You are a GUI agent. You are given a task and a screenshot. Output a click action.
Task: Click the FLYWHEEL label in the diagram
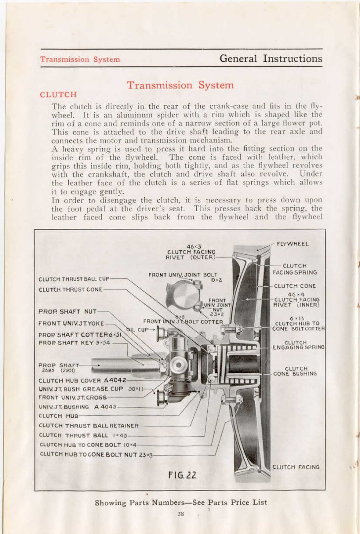point(292,244)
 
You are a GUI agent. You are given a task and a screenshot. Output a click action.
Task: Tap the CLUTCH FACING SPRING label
point(295,269)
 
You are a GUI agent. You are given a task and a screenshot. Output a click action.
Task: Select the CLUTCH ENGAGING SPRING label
point(299,345)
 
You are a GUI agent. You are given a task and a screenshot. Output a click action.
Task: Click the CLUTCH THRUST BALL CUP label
point(74,279)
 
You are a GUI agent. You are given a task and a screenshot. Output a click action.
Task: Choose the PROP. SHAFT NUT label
point(68,311)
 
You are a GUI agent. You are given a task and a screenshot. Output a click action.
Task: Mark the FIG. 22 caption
point(182,475)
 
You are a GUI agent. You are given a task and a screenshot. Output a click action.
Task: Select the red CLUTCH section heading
point(58,94)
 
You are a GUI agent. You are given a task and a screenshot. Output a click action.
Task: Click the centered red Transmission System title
point(180,85)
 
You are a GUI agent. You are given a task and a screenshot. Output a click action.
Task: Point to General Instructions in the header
point(270,58)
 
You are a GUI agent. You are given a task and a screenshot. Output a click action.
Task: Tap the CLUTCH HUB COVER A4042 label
point(82,380)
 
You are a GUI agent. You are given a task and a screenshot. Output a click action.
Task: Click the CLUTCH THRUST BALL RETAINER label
point(89,425)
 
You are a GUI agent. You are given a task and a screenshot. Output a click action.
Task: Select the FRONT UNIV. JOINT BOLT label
point(183,275)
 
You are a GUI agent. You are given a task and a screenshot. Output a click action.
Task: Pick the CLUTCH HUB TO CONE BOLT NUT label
point(95,453)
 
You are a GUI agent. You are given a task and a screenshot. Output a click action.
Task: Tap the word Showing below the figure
point(111,502)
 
